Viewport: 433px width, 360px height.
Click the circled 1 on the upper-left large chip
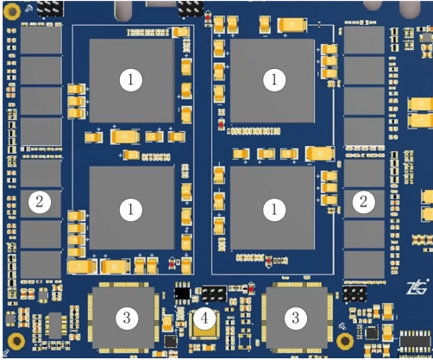click(130, 80)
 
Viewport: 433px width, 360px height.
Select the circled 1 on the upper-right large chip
click(274, 80)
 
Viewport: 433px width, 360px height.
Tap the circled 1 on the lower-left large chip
click(130, 209)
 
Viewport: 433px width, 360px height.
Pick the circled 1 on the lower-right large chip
click(274, 209)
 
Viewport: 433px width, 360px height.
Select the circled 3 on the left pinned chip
click(127, 318)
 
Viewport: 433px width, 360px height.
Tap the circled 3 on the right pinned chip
click(296, 318)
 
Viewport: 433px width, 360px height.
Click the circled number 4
click(204, 319)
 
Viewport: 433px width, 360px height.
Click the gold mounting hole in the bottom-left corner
click(14, 342)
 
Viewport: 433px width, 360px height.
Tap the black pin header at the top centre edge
click(190, 8)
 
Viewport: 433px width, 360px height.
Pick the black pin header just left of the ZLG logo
click(354, 294)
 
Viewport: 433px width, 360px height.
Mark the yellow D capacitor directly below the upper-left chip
click(125, 136)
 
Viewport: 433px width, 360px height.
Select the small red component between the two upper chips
click(222, 125)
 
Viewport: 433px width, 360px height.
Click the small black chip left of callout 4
click(181, 294)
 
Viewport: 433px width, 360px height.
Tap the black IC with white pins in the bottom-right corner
click(411, 335)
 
